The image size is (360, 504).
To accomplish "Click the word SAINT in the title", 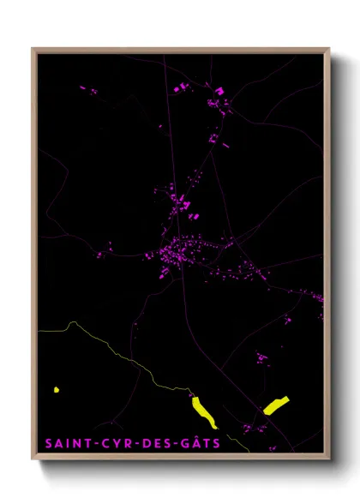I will click(x=66, y=443).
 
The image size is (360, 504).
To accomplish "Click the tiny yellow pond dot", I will click(x=57, y=390).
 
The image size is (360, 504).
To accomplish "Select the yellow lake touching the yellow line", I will click(x=204, y=411).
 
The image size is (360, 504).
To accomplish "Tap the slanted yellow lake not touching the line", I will click(x=276, y=405).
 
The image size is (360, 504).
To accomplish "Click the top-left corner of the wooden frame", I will click(x=33, y=49).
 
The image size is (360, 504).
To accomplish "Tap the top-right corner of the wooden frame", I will click(x=328, y=49).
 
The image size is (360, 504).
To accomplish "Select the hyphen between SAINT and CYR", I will click(x=93, y=444).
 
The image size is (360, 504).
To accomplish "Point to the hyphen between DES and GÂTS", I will click(x=179, y=444).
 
